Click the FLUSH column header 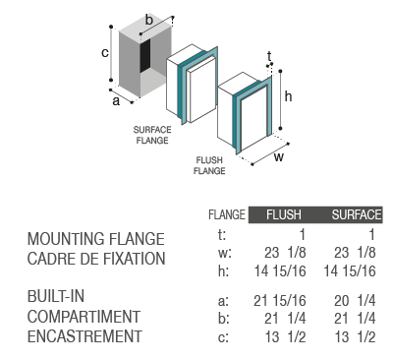click(284, 214)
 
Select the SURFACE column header click(357, 214)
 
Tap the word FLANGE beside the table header click(227, 214)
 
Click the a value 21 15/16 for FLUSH click(280, 301)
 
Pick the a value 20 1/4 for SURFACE click(355, 301)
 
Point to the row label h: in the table click(223, 271)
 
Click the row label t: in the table click(222, 235)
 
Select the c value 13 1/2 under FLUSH click(285, 336)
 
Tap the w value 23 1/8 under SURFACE click(355, 253)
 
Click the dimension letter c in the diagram click(105, 52)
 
